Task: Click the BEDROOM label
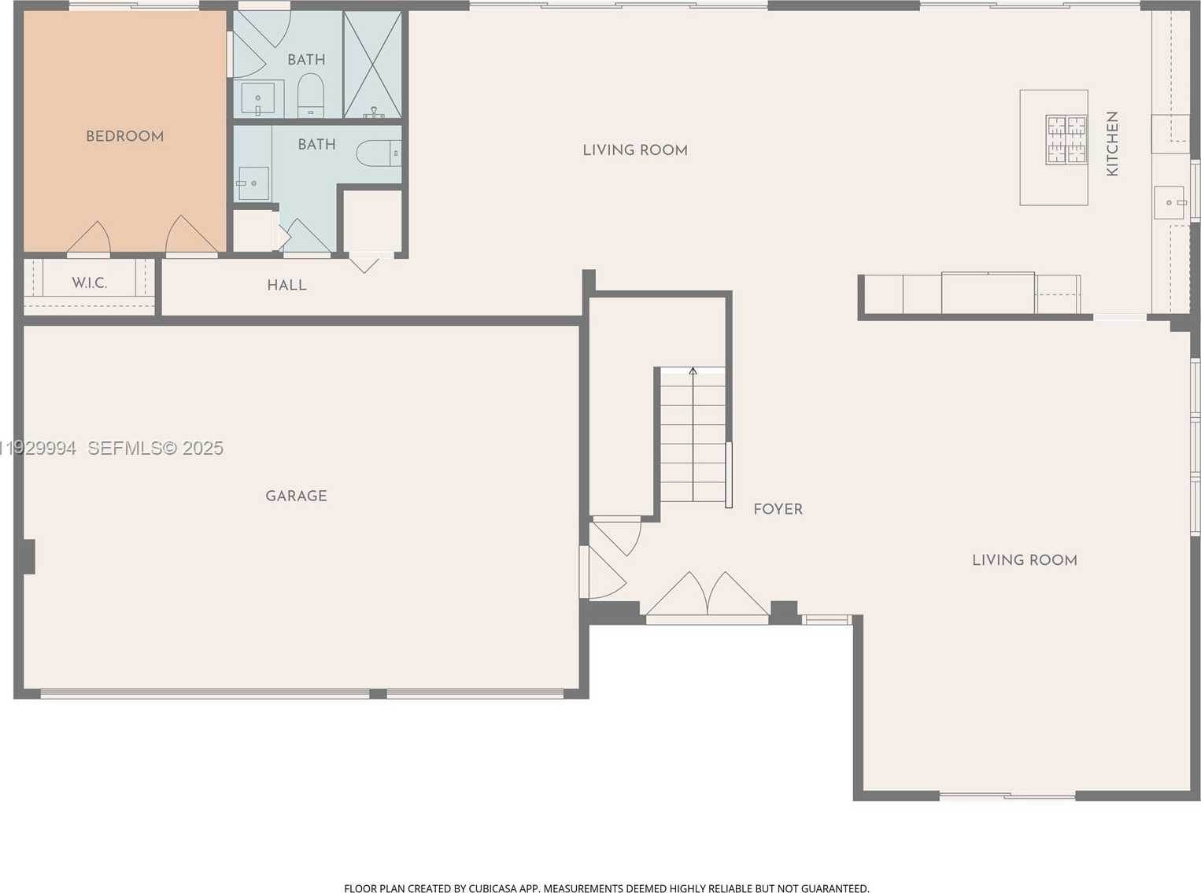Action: tap(124, 136)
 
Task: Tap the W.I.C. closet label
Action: tap(89, 283)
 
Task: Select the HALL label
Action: tap(286, 286)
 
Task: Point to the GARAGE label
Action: tap(296, 496)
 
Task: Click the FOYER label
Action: tap(778, 509)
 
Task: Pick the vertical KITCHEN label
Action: tap(1112, 143)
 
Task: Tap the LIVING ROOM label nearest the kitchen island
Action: tap(634, 150)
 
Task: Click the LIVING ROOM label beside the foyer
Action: tap(1024, 560)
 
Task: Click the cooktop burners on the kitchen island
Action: tap(1066, 139)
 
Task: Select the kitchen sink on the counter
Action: tap(1170, 202)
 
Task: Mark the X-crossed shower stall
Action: tap(372, 65)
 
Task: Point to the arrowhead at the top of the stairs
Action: tap(693, 371)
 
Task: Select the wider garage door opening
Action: tap(205, 694)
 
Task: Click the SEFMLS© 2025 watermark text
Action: tap(155, 448)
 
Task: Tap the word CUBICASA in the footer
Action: tap(493, 888)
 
